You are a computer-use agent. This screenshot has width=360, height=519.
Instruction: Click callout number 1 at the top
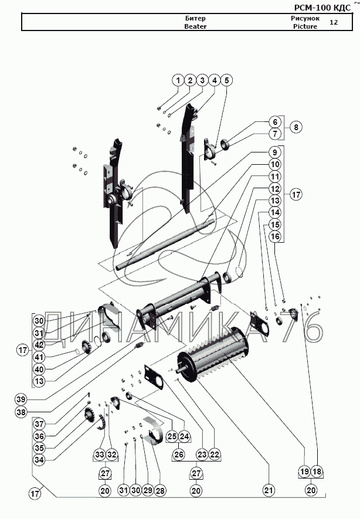[178, 80]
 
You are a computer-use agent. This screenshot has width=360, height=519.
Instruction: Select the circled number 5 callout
[227, 80]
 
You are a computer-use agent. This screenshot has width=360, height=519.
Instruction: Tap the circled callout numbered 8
[296, 127]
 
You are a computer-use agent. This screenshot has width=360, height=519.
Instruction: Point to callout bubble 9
[275, 152]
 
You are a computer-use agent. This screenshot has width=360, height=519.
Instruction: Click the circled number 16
[275, 236]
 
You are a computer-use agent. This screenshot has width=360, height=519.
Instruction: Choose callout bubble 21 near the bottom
[269, 490]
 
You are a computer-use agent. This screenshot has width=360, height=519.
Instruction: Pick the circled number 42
[39, 345]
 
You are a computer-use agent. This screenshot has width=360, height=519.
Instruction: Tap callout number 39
[21, 399]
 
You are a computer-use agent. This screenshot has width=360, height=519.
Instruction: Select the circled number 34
[39, 460]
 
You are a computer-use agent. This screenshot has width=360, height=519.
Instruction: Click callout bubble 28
[160, 490]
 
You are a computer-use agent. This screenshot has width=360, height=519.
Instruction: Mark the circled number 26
[179, 454]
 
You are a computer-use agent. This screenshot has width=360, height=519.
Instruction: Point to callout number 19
[304, 471]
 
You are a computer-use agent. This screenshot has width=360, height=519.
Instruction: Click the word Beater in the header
[195, 26]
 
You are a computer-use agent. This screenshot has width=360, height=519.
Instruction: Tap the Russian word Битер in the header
[195, 18]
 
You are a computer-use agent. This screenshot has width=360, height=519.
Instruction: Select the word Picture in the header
[305, 26]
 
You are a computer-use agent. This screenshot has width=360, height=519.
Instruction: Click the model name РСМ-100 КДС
[322, 8]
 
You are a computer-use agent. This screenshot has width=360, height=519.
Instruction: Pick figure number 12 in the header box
[334, 22]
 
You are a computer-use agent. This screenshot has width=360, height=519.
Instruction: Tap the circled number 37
[39, 423]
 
